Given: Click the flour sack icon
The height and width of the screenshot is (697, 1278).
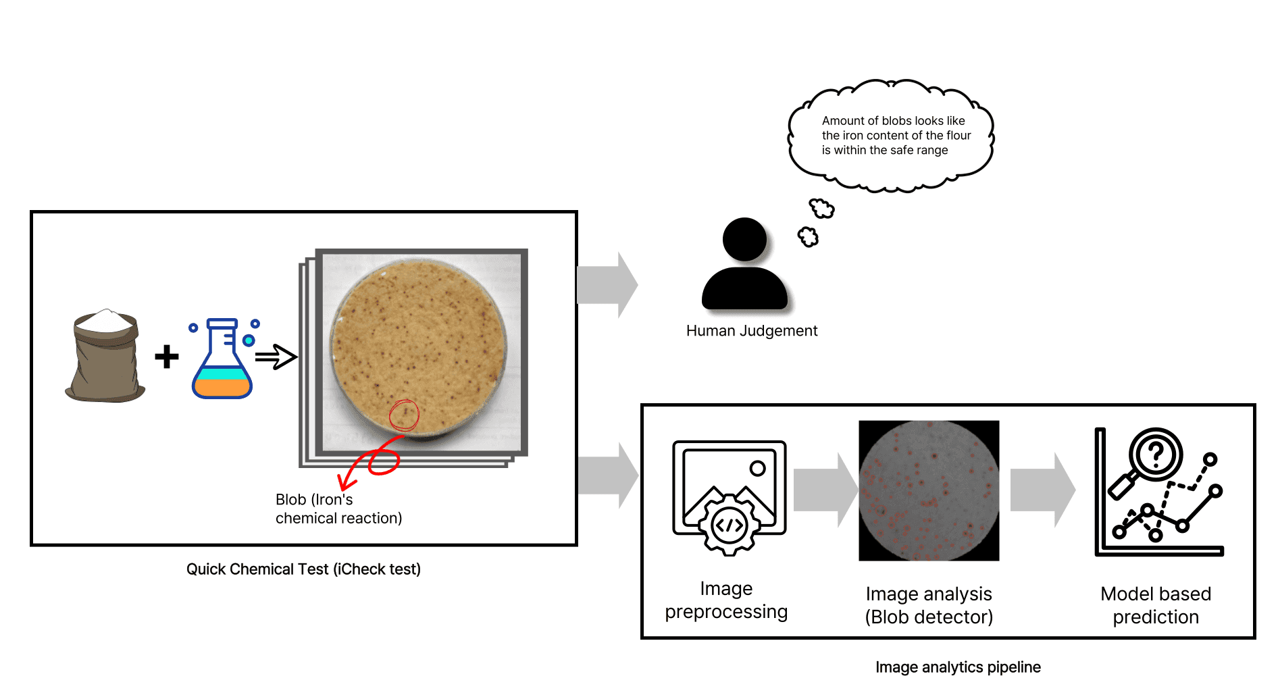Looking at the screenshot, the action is pos(105,356).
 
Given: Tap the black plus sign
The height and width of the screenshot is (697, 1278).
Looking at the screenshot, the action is pos(166,357).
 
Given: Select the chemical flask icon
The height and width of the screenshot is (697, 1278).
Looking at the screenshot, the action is pos(224,358).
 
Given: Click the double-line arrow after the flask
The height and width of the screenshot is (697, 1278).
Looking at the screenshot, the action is pos(276,357).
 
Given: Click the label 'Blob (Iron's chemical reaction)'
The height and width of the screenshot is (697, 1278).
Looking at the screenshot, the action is pos(338,509).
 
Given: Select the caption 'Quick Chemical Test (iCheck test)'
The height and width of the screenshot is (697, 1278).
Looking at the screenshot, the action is pos(303,569).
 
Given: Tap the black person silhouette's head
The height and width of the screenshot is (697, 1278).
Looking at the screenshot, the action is pos(744,239).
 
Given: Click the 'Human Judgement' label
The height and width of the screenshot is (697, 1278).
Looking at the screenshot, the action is pos(751,331).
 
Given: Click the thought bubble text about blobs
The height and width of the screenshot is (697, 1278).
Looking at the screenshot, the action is pos(896,135).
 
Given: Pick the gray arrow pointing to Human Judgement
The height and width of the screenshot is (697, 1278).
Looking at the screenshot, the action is pos(607,285).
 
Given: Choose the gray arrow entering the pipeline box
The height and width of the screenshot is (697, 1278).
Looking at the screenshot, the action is pos(608,475).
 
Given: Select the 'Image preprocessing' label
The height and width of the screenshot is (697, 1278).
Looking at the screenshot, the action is pos(726,600).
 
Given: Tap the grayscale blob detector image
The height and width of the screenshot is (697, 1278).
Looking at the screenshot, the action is pos(929,491).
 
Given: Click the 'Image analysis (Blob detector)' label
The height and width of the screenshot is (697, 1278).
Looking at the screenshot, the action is pos(929,605).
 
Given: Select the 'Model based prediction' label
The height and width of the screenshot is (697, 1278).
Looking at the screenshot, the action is pos(1156,605).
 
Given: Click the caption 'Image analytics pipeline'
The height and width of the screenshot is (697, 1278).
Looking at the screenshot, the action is pos(958,667).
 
